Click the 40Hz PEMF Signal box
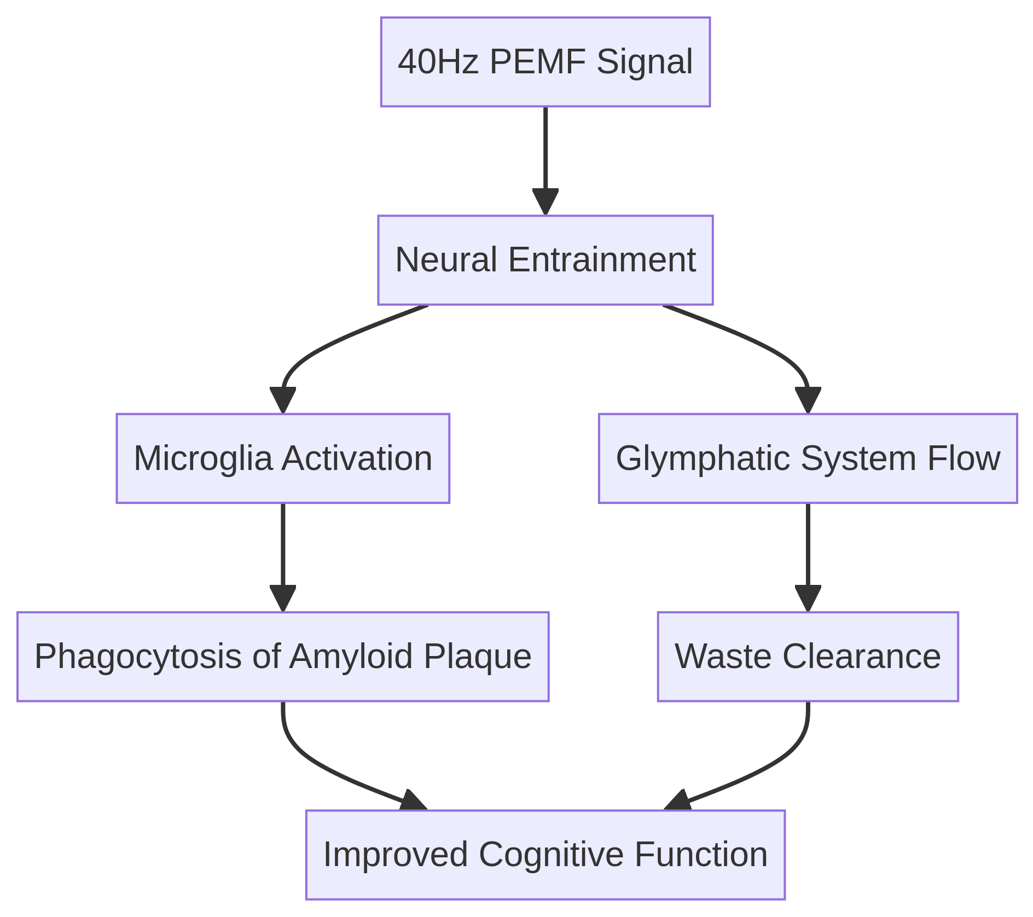point(545,62)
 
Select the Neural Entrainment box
point(545,260)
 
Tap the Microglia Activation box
point(282,458)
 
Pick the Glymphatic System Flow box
point(808,458)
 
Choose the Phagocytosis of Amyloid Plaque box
point(282,657)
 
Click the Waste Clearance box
point(808,657)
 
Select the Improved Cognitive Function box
point(545,855)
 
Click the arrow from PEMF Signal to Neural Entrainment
point(545,159)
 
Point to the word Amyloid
point(350,657)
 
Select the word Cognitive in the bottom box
point(551,855)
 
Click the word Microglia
point(203,458)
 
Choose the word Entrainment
point(602,260)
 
